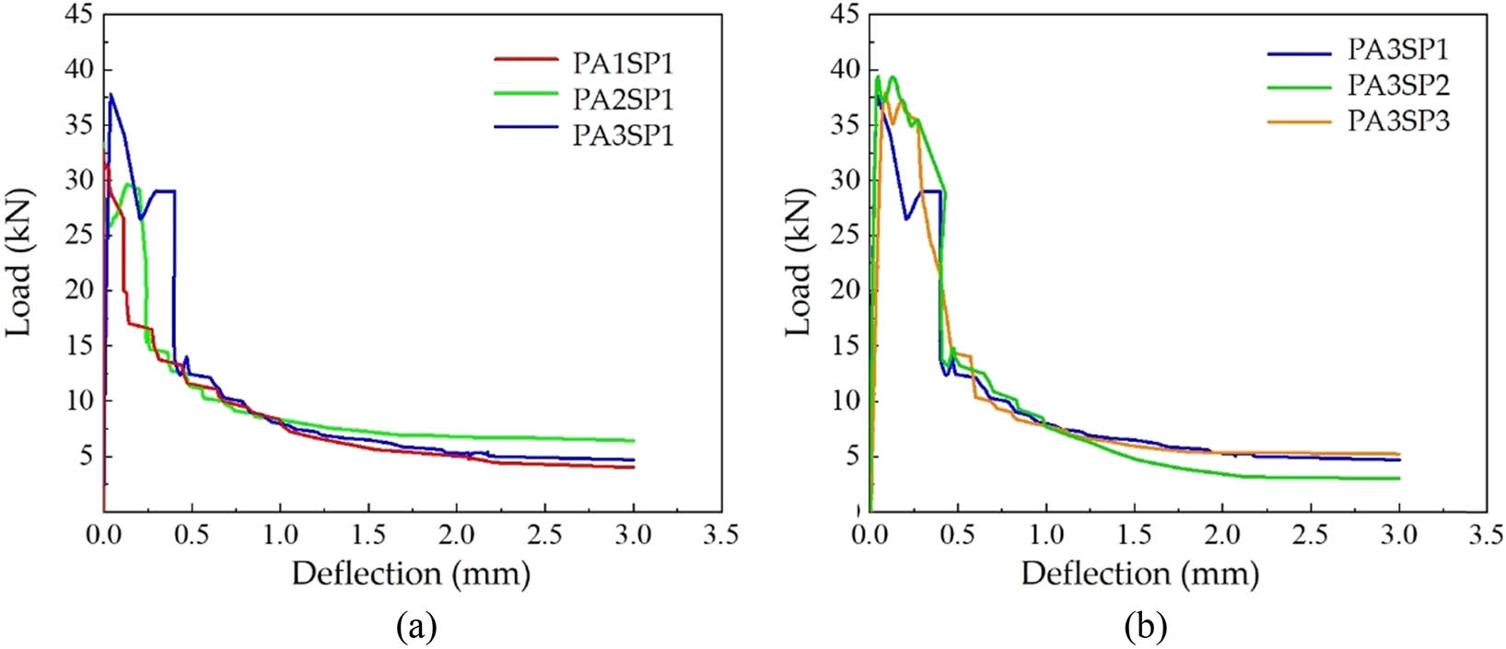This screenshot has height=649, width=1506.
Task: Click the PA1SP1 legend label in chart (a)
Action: [624, 64]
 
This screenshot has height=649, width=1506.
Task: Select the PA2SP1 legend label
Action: [624, 99]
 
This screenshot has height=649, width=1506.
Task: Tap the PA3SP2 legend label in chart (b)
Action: [1398, 85]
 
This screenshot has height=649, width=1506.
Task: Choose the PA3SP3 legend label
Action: [1398, 121]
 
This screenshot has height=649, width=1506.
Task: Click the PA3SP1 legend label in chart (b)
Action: [1398, 50]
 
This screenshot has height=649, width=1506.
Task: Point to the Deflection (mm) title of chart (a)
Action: [411, 574]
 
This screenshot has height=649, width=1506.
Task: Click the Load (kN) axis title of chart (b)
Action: [799, 262]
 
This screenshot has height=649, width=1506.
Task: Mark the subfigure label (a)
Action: [414, 628]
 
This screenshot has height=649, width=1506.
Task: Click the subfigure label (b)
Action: [1145, 628]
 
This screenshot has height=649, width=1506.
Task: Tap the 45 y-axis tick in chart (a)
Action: [78, 16]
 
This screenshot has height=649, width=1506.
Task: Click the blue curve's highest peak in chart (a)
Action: [111, 94]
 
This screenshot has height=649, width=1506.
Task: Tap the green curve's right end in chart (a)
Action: [634, 441]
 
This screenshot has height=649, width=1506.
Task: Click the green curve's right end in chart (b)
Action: [1399, 478]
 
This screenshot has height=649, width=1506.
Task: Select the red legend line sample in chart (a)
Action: [526, 60]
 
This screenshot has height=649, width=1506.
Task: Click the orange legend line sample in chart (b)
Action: [1300, 121]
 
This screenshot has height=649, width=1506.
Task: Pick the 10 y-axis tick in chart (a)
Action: [78, 400]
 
